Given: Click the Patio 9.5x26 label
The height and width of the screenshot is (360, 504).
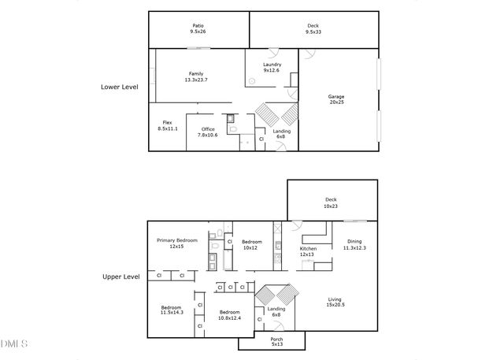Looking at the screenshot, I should pos(197,28).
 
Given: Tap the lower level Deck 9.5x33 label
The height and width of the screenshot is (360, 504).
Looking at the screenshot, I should pos(313,28).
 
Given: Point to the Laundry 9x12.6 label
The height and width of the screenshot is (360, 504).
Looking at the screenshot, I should pos(272,67).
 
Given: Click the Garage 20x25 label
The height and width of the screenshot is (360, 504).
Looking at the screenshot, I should pos(336,99).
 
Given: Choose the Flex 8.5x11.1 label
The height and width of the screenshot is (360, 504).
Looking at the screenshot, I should pos(167,125).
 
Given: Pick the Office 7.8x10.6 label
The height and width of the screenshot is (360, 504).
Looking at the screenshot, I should pos(208,132).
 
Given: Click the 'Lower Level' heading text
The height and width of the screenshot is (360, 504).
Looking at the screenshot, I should pos(120,87).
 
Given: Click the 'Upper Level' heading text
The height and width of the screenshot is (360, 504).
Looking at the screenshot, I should pos(121,276).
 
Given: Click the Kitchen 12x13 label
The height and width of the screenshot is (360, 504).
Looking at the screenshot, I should pos(307,251).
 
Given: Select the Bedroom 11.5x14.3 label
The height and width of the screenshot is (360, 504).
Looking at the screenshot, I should pos(172,310).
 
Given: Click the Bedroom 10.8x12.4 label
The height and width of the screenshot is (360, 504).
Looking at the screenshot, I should pos(229,314).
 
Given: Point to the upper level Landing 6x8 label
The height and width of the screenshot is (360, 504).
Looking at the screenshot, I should pos(276,311).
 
